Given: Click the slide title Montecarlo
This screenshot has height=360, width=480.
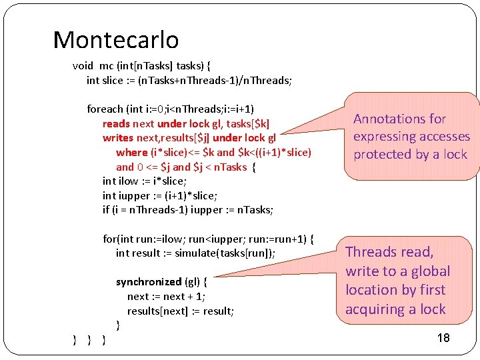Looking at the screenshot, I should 115,41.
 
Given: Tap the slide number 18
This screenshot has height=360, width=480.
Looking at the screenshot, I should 443,338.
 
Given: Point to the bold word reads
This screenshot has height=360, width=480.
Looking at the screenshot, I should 116,123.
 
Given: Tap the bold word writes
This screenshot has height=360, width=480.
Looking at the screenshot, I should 117,138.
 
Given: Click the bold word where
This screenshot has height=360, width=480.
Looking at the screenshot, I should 131,152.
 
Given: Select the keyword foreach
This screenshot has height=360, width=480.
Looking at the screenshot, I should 105,109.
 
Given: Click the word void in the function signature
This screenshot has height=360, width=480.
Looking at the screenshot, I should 83,66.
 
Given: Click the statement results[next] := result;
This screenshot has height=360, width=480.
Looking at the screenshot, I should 181,311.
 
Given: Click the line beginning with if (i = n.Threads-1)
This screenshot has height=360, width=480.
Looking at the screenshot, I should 188,210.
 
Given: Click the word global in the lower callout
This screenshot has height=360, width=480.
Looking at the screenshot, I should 425,271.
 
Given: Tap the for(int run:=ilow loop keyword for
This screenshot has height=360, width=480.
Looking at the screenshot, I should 109,239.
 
